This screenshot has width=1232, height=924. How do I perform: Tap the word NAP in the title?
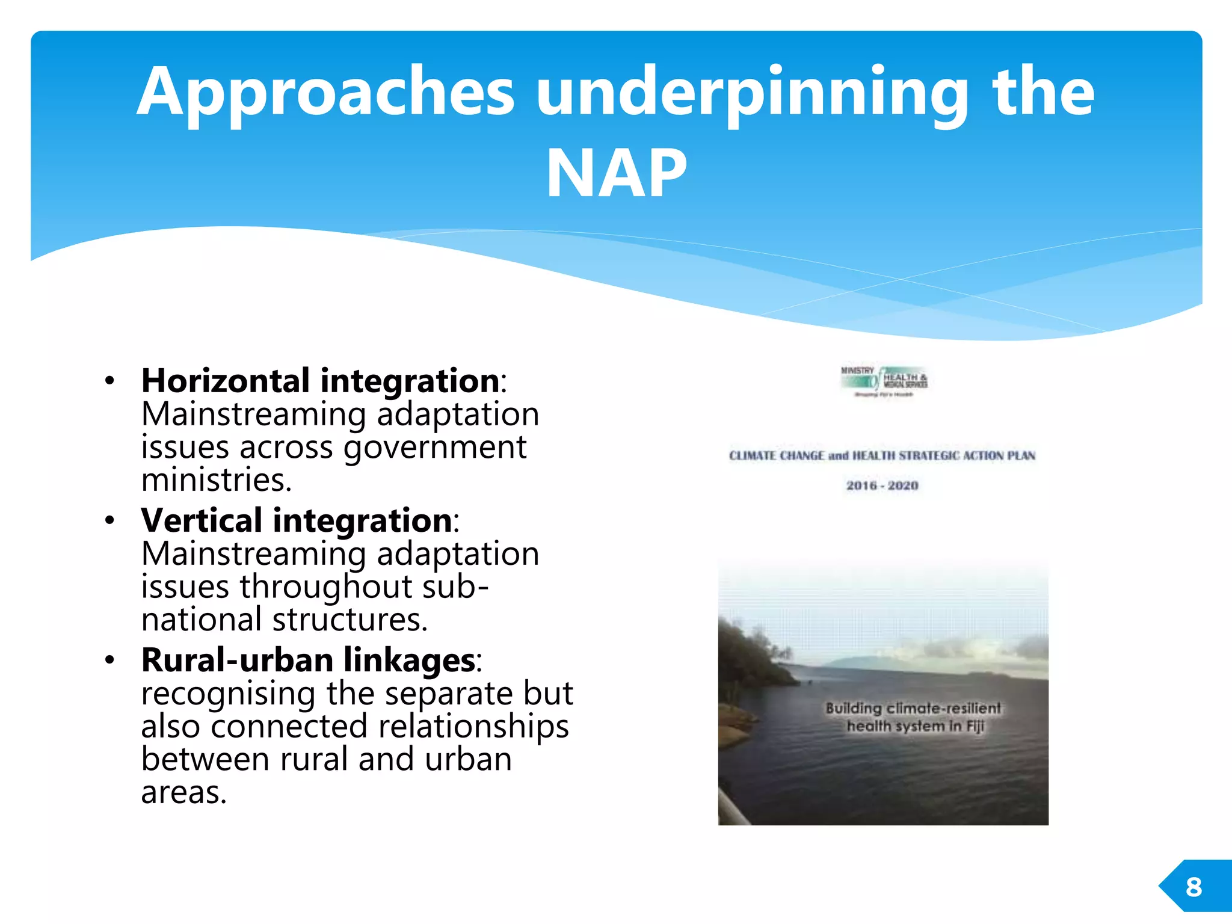[x=616, y=174]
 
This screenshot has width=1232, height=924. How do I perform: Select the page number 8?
[x=1193, y=887]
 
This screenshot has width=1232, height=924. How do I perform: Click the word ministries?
[x=217, y=480]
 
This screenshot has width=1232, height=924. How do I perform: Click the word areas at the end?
[x=183, y=792]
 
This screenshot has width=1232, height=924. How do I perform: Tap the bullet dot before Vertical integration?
[x=109, y=521]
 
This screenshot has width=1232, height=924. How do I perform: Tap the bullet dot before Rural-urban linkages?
[x=109, y=661]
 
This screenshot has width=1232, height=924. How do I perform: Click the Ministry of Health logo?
[x=884, y=381]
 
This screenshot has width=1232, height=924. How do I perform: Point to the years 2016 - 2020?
[x=882, y=485]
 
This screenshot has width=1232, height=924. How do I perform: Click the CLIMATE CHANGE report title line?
[x=882, y=455]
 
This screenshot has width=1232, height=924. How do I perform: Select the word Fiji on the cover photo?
[x=975, y=726]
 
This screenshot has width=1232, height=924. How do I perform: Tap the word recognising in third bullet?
[x=228, y=693]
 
